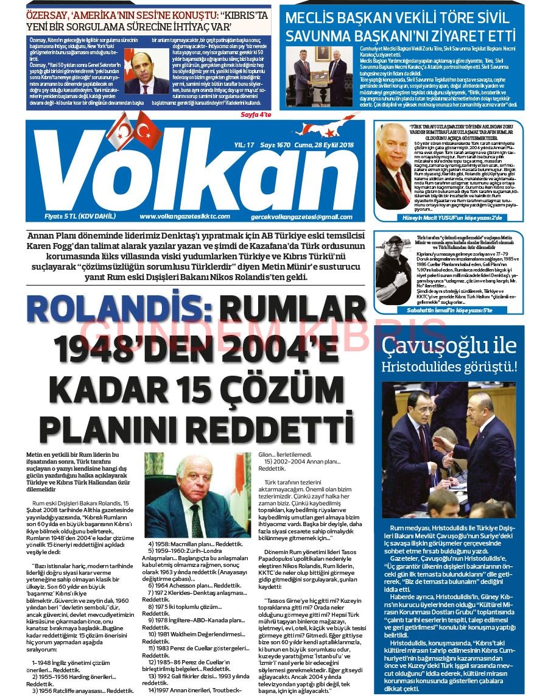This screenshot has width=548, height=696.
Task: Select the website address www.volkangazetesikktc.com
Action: [x=185, y=217]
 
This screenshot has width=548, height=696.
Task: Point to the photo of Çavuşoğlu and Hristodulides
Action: [x=449, y=449]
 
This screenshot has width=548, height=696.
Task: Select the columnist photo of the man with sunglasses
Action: [x=394, y=270]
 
